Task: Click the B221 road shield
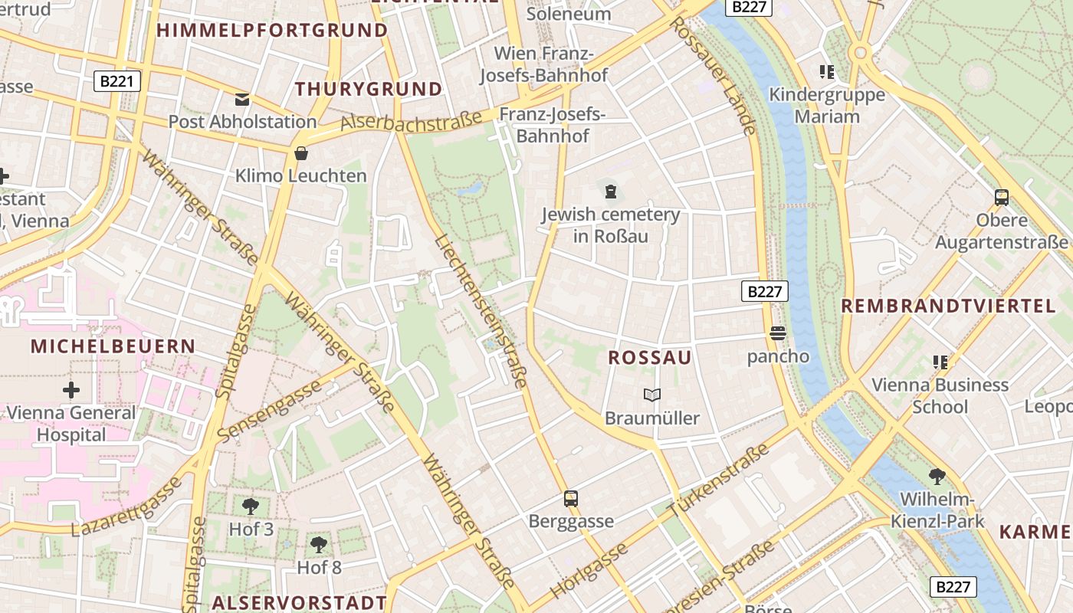[117, 80]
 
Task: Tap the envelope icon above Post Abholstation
[242, 100]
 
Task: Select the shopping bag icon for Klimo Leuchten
[301, 153]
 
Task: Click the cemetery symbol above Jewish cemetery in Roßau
[611, 191]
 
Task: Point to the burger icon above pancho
[778, 333]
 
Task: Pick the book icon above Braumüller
[652, 395]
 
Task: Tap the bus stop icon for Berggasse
[571, 499]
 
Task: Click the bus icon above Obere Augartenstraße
[1001, 198]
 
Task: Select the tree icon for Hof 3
[251, 506]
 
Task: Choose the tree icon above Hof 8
[319, 545]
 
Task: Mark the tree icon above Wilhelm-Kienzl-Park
[937, 477]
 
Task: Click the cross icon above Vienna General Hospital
[71, 390]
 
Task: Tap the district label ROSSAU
[650, 358]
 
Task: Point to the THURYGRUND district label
[369, 89]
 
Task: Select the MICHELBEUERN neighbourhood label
[113, 346]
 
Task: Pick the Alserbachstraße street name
[412, 120]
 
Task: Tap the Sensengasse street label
[269, 411]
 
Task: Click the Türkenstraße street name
[718, 480]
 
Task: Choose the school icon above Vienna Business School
[940, 362]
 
